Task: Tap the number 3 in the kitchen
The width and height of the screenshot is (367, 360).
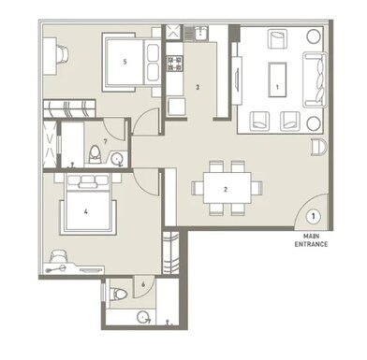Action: [198, 87]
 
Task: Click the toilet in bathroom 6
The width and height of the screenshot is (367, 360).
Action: [119, 295]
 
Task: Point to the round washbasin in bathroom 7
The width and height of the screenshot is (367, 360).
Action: [117, 160]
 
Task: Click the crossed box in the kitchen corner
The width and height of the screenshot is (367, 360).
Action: [173, 32]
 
